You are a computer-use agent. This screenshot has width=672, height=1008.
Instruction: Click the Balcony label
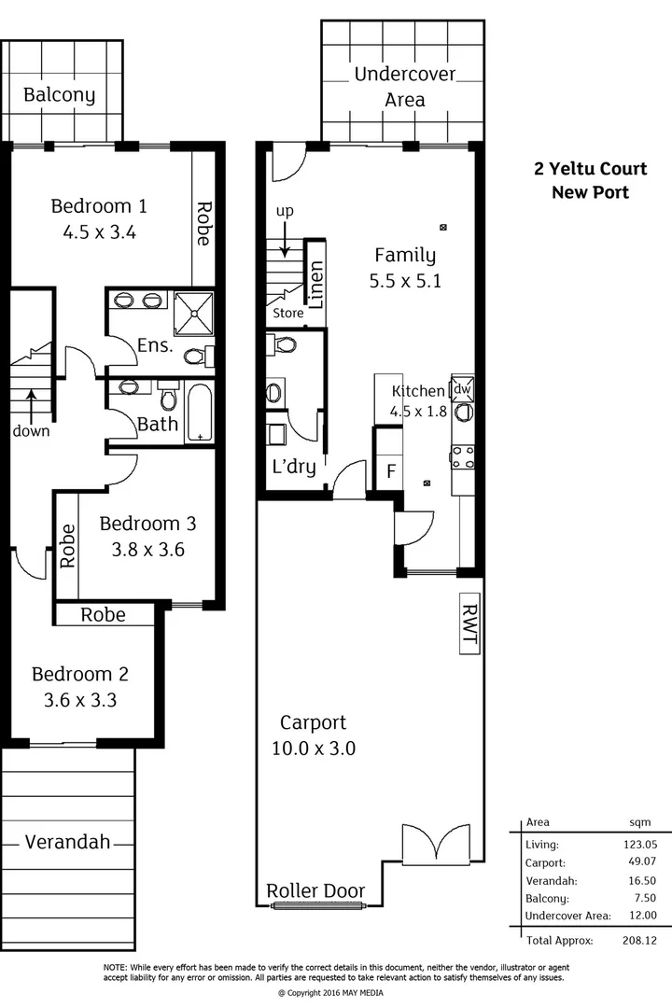[x=59, y=95]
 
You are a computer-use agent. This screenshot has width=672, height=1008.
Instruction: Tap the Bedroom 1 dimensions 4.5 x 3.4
[x=100, y=233]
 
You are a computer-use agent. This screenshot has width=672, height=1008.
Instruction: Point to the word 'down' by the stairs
[x=31, y=431]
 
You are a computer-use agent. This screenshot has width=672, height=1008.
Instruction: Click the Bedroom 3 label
[x=147, y=523]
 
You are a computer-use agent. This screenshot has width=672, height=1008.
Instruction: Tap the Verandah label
[x=67, y=842]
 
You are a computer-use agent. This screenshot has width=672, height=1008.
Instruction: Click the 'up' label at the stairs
[x=284, y=212]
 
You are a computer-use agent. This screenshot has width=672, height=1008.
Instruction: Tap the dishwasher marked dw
[x=463, y=387]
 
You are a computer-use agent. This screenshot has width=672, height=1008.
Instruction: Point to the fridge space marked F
[x=390, y=471]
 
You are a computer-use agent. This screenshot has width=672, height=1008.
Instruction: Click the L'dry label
[x=293, y=468]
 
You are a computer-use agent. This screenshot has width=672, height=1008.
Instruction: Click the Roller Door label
[x=315, y=891]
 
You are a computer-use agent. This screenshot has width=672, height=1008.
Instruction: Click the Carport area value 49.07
[x=634, y=862]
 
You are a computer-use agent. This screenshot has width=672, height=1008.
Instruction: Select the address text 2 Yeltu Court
[x=589, y=169]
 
